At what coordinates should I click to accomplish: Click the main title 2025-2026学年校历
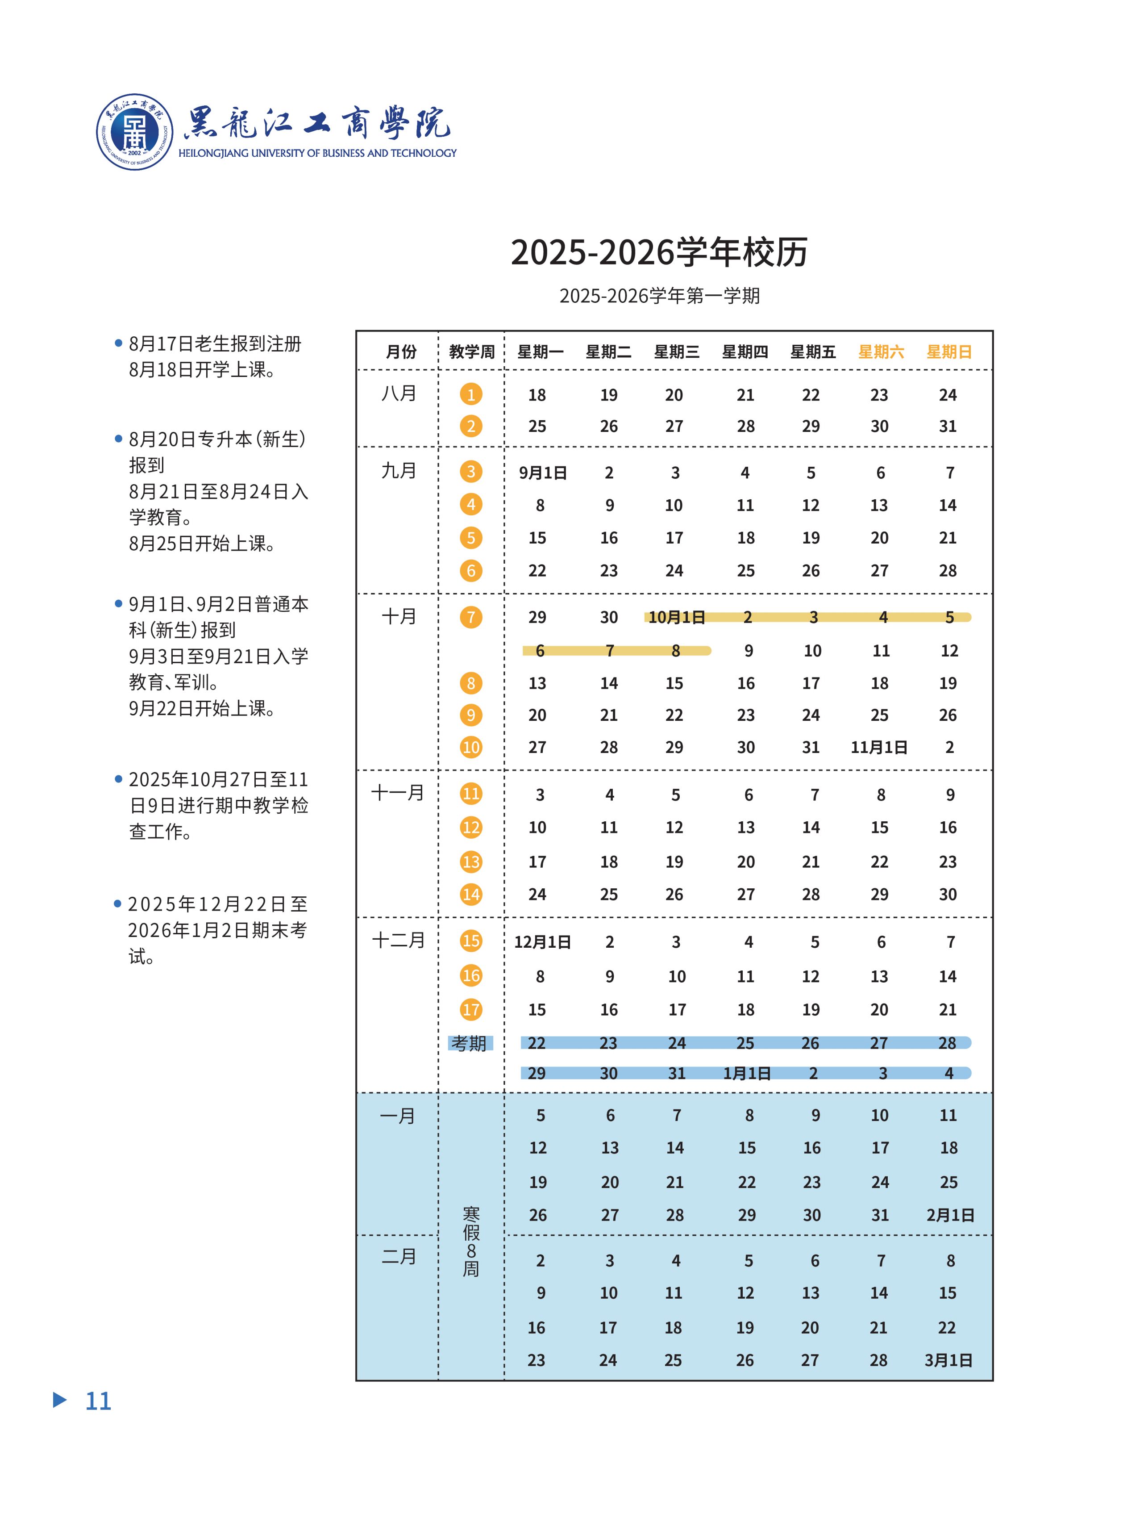(x=659, y=252)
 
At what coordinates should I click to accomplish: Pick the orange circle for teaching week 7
(x=471, y=617)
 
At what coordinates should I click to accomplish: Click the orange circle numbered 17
(x=471, y=1009)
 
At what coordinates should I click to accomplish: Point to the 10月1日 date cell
(x=676, y=617)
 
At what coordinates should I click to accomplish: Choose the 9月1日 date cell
(x=542, y=473)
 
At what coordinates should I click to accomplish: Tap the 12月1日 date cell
(x=542, y=942)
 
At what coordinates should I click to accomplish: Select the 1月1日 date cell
(x=746, y=1073)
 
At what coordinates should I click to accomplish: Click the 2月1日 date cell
(x=950, y=1215)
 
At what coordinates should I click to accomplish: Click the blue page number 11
(x=98, y=1401)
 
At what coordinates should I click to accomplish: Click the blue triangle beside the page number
(x=60, y=1400)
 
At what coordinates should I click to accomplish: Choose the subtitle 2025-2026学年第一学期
(x=659, y=296)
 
